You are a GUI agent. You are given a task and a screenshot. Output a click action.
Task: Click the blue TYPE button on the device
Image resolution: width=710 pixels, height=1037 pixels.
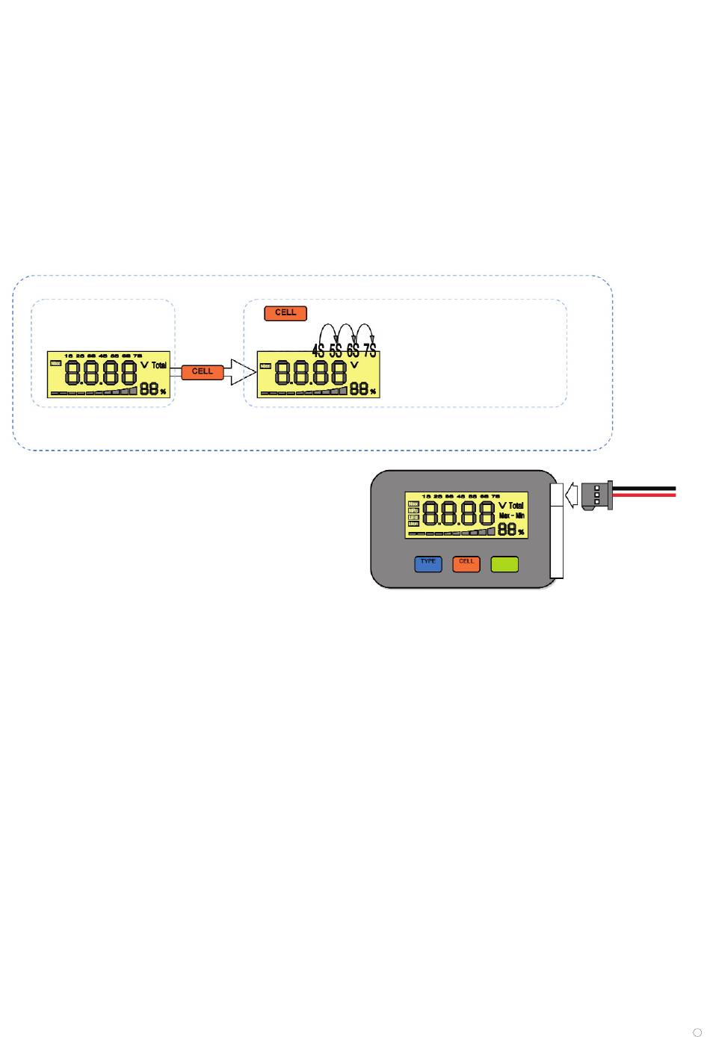click(x=428, y=564)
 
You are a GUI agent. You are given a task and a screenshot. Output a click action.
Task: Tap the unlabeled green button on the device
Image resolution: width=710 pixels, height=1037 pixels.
click(x=504, y=564)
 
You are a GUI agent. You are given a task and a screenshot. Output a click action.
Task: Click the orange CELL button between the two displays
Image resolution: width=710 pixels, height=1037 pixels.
click(x=203, y=371)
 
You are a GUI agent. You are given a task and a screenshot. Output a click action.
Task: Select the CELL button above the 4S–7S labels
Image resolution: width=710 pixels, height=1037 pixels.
click(x=285, y=313)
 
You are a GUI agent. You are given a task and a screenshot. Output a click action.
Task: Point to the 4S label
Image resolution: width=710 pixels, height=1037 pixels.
click(x=318, y=350)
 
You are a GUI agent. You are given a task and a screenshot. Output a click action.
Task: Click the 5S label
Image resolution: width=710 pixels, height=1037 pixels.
click(x=336, y=350)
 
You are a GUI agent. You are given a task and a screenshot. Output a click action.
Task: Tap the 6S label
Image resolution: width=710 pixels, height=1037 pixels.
click(x=353, y=350)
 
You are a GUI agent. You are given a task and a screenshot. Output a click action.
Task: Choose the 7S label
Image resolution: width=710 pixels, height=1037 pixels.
click(x=370, y=350)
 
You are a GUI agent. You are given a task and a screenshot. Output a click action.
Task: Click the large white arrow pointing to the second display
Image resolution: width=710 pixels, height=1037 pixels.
click(x=241, y=371)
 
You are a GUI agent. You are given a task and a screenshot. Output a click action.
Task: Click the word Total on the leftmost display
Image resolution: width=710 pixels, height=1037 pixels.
click(x=159, y=365)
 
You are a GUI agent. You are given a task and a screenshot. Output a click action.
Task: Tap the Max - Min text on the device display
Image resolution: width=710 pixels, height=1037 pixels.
click(x=512, y=516)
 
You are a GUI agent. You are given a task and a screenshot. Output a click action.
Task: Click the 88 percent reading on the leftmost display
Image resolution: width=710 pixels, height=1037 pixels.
click(x=150, y=389)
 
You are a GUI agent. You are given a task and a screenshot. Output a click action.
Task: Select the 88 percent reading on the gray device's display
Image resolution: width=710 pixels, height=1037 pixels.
click(x=509, y=530)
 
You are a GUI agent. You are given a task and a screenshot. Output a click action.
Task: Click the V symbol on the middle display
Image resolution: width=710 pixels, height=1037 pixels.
click(x=354, y=365)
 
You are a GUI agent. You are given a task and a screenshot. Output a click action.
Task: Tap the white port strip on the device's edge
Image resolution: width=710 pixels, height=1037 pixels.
click(x=555, y=530)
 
